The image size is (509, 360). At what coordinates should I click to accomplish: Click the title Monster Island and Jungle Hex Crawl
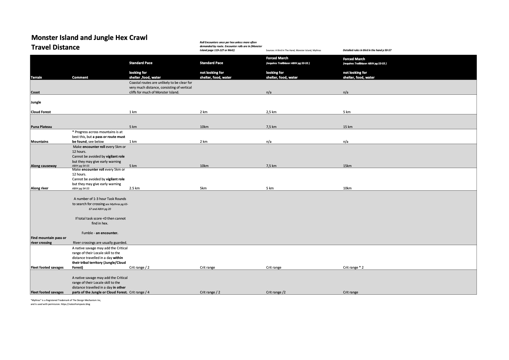[x=89, y=38]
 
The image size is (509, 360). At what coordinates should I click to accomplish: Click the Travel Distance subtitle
[x=55, y=47]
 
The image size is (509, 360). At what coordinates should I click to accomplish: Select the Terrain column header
[x=36, y=77]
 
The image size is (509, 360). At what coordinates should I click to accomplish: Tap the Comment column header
[x=80, y=77]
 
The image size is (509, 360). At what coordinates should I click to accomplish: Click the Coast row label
[x=35, y=92]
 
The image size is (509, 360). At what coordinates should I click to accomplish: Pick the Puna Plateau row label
[x=41, y=127]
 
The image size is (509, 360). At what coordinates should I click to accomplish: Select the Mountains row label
[x=39, y=142]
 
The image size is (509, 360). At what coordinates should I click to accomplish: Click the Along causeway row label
[x=44, y=166]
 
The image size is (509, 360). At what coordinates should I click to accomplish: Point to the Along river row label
[x=39, y=188]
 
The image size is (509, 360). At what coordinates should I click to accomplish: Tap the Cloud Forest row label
[x=41, y=112]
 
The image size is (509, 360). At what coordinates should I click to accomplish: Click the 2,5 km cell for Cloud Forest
[x=271, y=112]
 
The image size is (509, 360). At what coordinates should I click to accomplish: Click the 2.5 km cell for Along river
[x=134, y=188]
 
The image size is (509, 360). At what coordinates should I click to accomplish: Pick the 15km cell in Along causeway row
[x=347, y=166]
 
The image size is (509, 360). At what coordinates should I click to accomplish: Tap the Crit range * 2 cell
[x=353, y=267]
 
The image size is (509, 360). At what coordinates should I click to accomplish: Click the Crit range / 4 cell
[x=139, y=292]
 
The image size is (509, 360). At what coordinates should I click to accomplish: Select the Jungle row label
[x=36, y=102]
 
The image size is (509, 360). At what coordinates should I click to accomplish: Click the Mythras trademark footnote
[x=66, y=300]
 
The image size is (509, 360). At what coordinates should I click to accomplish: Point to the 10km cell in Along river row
[x=347, y=188]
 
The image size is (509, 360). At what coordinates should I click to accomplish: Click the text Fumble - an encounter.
[x=100, y=233]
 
